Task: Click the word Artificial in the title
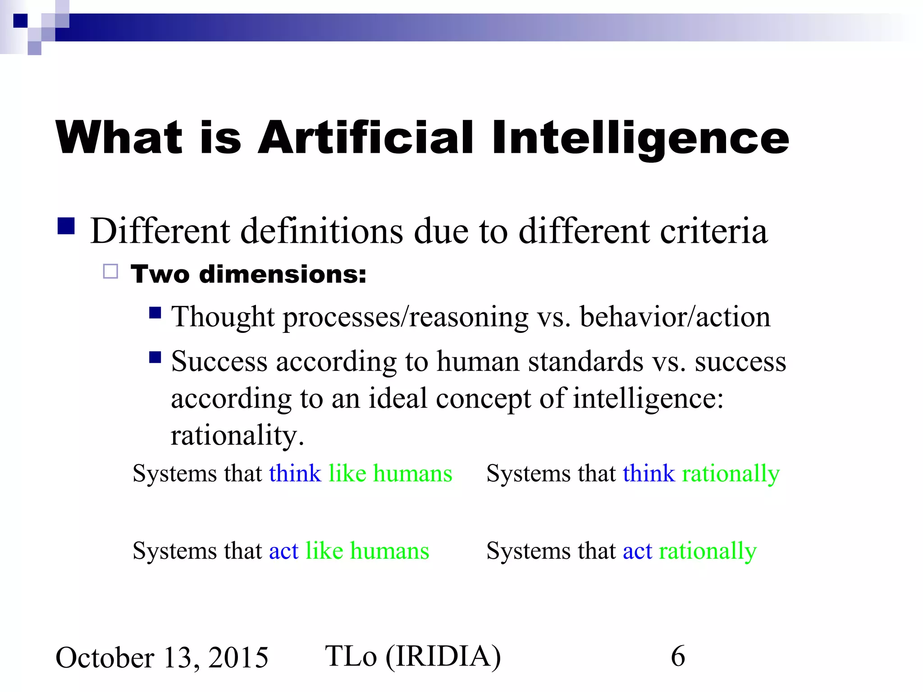[x=366, y=137]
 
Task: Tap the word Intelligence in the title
[x=640, y=137]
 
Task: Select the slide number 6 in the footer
[x=677, y=656]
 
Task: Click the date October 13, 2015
[x=162, y=658]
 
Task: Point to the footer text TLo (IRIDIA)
[x=412, y=656]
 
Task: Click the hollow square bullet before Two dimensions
[x=110, y=272]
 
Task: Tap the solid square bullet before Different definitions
[x=66, y=226]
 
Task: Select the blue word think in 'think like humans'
[x=295, y=473]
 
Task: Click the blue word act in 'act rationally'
[x=637, y=551]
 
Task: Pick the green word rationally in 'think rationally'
[x=731, y=474]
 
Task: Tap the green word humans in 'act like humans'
[x=389, y=551]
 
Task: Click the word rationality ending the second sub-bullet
[x=237, y=436]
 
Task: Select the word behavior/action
[x=675, y=317]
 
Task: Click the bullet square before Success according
[x=155, y=357]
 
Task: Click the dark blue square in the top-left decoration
[x=21, y=21]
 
